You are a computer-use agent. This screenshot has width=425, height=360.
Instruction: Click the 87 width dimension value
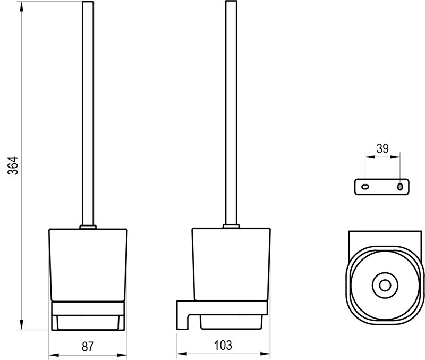[x=88, y=347]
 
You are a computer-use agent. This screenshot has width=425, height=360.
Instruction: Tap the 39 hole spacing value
[x=382, y=149]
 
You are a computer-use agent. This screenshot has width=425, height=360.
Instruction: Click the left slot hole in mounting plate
[x=365, y=186]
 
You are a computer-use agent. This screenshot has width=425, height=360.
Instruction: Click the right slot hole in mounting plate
[x=399, y=186]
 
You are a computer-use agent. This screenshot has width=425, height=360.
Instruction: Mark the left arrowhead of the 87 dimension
[x=52, y=354]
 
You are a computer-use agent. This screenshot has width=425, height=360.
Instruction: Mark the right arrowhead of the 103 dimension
[x=268, y=354]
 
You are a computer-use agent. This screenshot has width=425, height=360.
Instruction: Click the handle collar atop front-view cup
[x=88, y=227]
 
